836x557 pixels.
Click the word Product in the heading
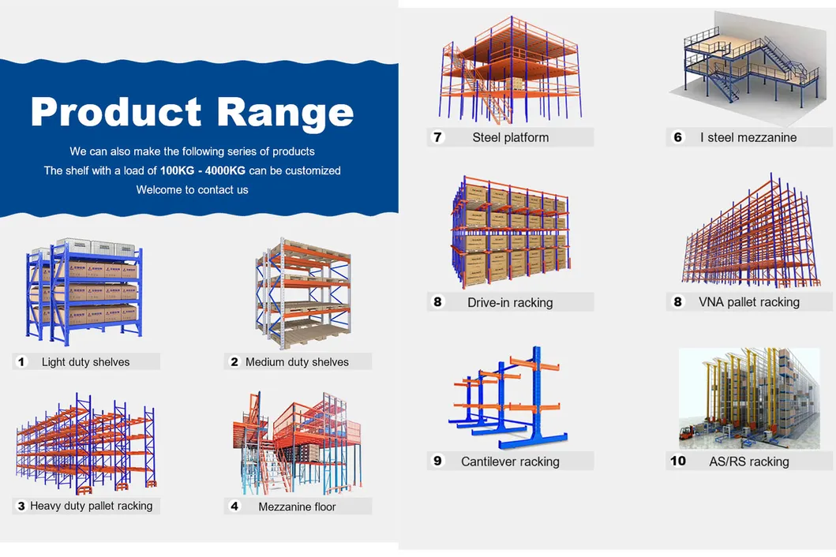116,112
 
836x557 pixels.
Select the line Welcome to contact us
192,189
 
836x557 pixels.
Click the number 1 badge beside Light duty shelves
22,362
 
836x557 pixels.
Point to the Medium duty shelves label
297,362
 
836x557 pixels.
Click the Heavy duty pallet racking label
92,506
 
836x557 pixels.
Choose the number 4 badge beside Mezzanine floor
234,507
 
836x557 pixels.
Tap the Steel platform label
510,137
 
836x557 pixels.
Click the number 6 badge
677,137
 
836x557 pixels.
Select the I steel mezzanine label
748,137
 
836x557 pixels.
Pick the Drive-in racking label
510,302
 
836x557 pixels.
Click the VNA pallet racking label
748,302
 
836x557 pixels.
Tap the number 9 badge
438,461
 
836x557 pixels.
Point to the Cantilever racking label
510,462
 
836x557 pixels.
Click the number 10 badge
678,461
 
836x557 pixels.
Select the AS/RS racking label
748,462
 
